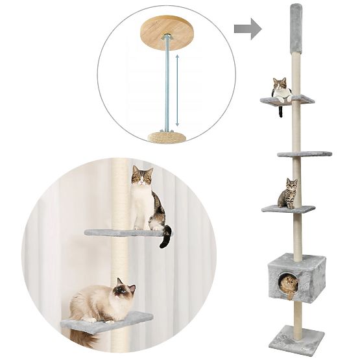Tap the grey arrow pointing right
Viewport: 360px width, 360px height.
[247, 29]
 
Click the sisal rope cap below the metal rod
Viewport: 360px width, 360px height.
[167, 137]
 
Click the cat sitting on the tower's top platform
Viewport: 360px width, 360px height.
[281, 90]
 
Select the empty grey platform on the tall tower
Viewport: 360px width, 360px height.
[305, 154]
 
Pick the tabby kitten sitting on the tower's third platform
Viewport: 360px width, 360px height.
[288, 195]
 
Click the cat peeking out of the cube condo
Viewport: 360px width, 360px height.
[289, 283]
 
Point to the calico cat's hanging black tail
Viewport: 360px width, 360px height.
[166, 236]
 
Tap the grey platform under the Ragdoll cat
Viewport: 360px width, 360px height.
[107, 322]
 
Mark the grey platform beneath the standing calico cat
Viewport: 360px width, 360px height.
[123, 232]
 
